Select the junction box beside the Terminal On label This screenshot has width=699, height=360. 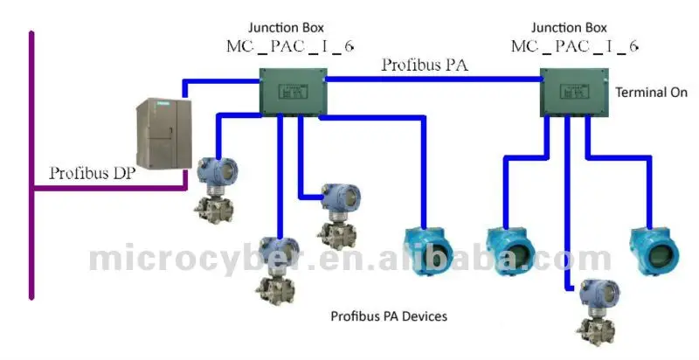(572, 91)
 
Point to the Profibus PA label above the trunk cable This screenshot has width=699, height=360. (423, 65)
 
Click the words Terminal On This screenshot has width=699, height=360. (652, 92)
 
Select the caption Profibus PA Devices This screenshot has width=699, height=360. (389, 316)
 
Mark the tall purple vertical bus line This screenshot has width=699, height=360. (31, 166)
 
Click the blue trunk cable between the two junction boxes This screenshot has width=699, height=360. (433, 79)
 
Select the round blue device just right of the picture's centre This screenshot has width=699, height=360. (510, 250)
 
